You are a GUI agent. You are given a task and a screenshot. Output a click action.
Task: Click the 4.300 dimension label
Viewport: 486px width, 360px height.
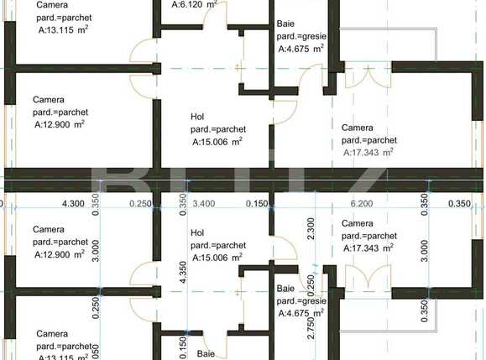[x=74, y=203]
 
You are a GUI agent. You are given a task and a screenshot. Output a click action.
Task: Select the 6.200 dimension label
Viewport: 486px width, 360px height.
[x=361, y=203]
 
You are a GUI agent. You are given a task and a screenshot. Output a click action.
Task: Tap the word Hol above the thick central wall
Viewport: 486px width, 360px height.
[x=198, y=117]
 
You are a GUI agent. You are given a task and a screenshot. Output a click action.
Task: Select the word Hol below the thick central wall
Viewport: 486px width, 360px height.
[x=198, y=232]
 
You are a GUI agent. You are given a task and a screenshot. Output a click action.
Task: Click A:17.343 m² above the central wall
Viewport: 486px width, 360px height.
[x=368, y=153]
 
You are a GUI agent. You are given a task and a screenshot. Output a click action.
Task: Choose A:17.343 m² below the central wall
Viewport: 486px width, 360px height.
[x=368, y=248]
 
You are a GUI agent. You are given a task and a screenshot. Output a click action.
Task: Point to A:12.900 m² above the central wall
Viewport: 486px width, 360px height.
[x=60, y=123]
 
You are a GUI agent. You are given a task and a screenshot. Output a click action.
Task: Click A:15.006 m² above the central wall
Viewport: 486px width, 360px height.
[x=217, y=142]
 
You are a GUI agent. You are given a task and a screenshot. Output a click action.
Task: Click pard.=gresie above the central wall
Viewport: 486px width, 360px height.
[x=302, y=38]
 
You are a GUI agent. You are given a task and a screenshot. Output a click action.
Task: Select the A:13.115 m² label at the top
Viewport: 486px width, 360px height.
[x=65, y=29]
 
